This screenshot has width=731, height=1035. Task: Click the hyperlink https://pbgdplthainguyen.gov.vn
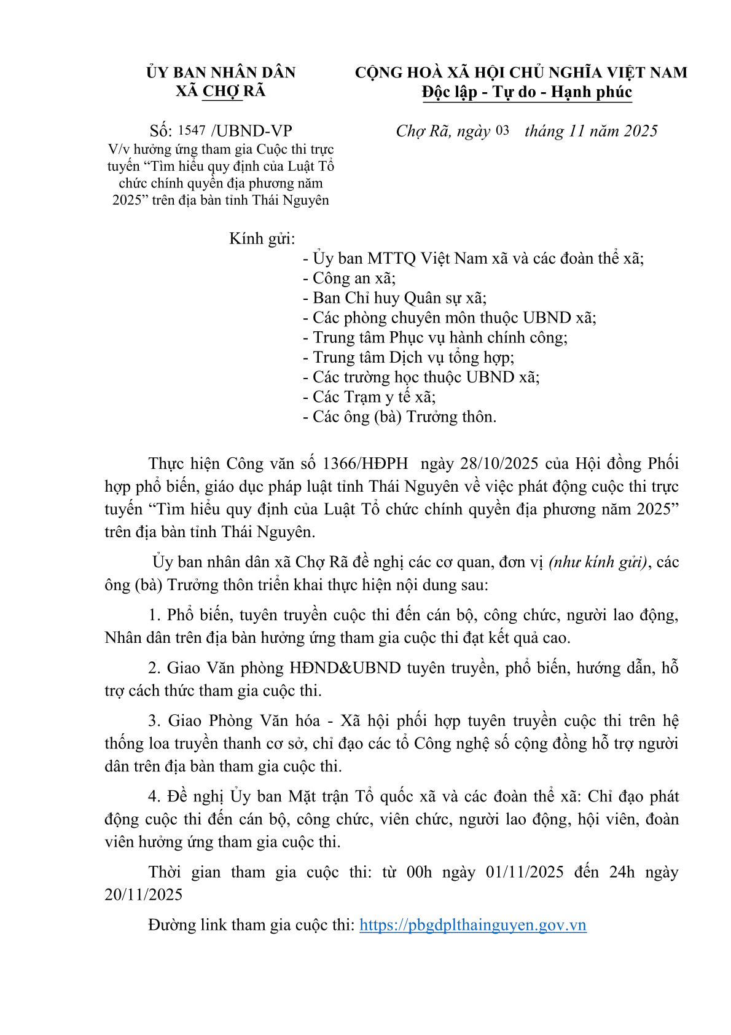click(x=472, y=925)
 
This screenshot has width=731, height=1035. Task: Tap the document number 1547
click(x=192, y=130)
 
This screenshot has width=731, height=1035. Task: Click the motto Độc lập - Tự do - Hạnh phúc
click(x=526, y=92)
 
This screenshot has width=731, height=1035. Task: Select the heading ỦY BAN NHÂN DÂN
click(x=221, y=73)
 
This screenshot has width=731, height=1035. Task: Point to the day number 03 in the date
click(x=502, y=130)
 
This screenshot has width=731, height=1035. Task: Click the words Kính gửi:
click(x=262, y=238)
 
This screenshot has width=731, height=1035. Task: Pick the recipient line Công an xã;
click(x=350, y=278)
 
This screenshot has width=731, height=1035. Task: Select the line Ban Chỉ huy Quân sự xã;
click(x=394, y=298)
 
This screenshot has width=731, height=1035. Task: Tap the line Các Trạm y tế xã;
click(x=369, y=397)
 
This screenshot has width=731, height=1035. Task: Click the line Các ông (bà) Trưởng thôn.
click(x=399, y=417)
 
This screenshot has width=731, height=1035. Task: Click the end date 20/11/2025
click(x=144, y=895)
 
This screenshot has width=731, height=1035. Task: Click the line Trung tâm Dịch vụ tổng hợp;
click(x=408, y=358)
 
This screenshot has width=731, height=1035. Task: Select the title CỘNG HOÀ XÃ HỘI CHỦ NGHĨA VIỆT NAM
click(x=521, y=73)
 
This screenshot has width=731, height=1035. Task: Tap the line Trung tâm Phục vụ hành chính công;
click(x=435, y=337)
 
